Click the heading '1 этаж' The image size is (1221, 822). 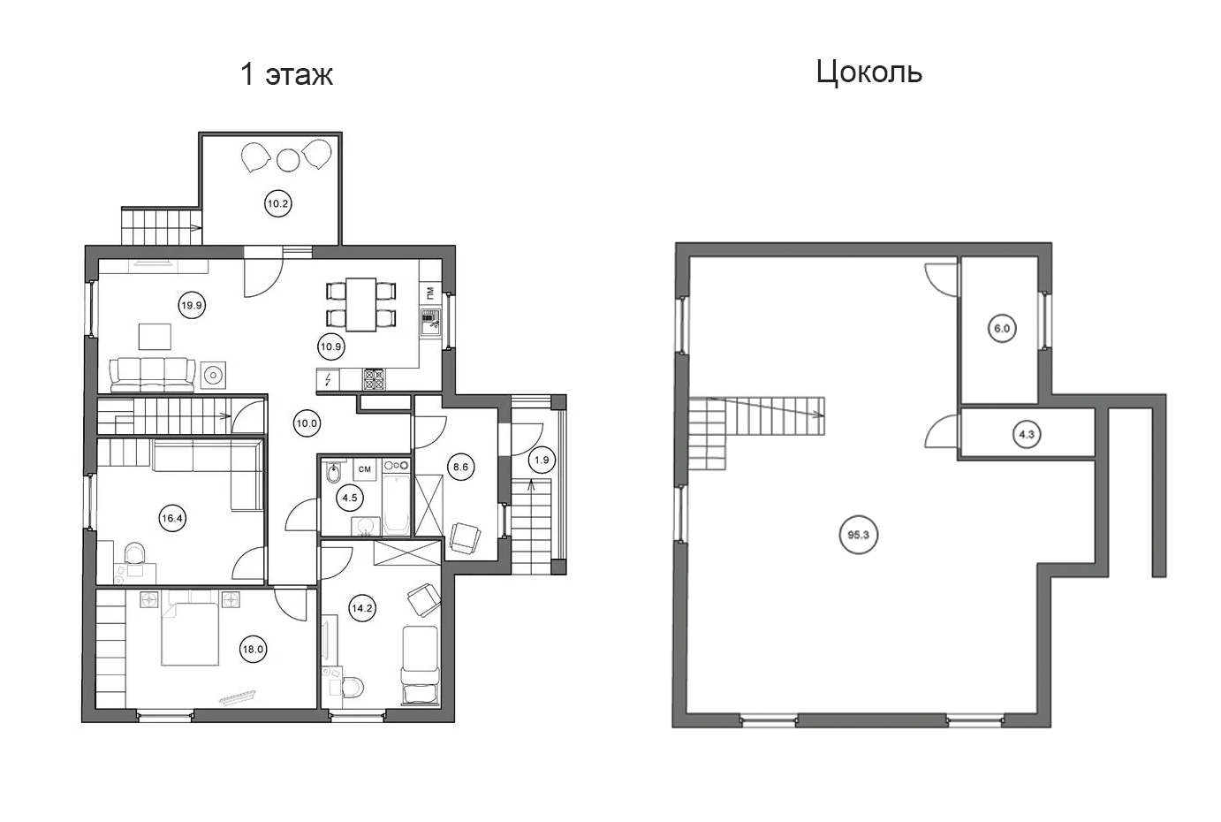tap(287, 74)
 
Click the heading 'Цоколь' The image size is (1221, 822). tap(868, 72)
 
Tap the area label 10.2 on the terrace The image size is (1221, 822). tap(278, 204)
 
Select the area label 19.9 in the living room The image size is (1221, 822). tap(192, 306)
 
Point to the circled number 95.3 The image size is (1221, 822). tap(859, 535)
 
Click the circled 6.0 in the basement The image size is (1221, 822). tap(1002, 329)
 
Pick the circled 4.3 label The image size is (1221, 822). tap(1027, 435)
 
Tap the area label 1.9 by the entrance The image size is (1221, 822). tap(542, 460)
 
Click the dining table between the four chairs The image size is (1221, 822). tap(361, 304)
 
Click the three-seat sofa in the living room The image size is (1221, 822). tap(152, 375)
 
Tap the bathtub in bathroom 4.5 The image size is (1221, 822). tap(396, 505)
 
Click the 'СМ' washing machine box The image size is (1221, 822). tap(365, 469)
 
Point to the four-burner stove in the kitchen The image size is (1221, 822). tap(374, 379)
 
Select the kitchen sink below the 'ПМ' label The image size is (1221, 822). tap(430, 323)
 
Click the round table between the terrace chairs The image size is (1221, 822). tap(288, 160)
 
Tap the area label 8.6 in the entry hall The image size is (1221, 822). tap(460, 467)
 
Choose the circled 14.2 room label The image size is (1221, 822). tap(362, 608)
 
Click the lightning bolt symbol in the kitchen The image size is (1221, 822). tap(328, 379)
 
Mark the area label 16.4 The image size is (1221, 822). tap(172, 518)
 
